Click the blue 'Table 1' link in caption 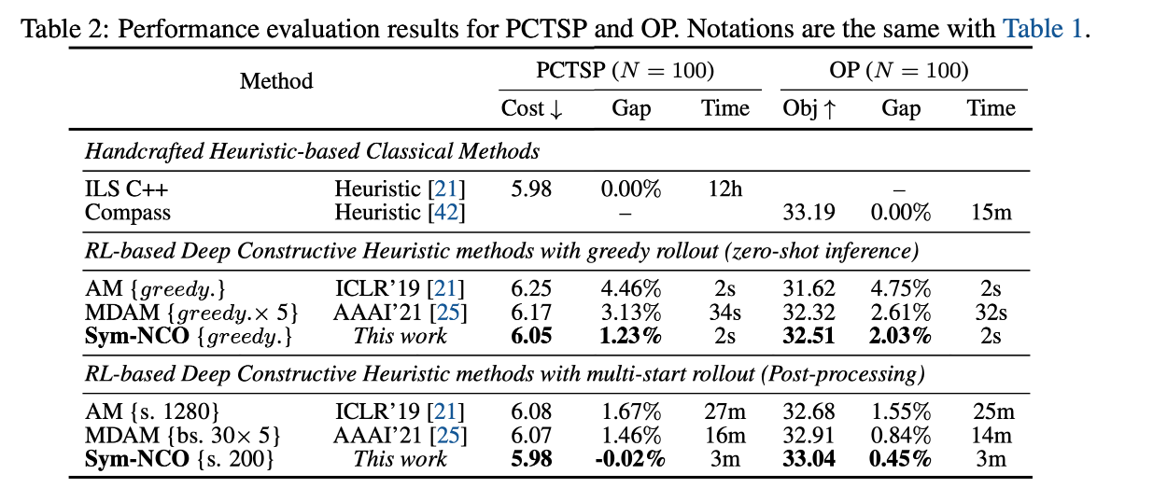pos(1042,28)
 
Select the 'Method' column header pos(276,81)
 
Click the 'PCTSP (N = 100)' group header pos(625,71)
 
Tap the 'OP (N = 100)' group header pos(899,71)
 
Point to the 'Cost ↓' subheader pos(532,108)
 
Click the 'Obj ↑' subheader pos(809,108)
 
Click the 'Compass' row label pos(128,212)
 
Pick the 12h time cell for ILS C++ pos(724,189)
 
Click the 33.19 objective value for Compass pos(809,212)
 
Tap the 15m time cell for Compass pos(991,212)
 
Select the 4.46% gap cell pos(631,289)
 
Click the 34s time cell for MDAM pos(725,312)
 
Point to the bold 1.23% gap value pos(631,335)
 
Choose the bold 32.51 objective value pos(809,335)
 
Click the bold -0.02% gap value pos(631,458)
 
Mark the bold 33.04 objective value pos(809,458)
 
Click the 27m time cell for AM pos(725,412)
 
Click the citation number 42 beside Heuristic pos(445,212)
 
